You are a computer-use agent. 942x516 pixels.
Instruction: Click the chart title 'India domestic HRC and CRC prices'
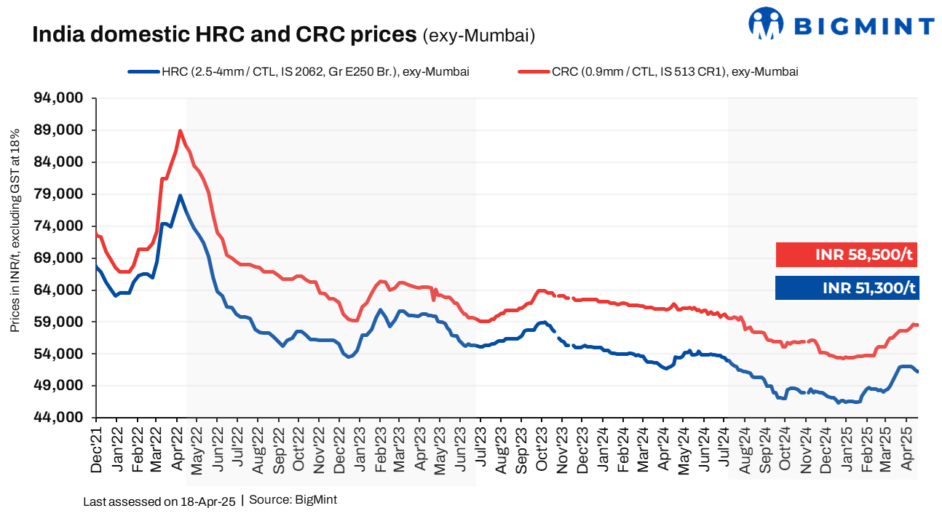[x=224, y=34]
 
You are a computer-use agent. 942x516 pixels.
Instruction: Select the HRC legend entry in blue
[x=298, y=71]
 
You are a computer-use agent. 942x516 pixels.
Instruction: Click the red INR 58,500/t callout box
[x=847, y=255]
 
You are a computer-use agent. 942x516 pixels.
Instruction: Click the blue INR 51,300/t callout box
[x=847, y=288]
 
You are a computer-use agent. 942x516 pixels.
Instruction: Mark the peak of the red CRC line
[x=180, y=131]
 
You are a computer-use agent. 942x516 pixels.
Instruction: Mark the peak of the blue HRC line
[x=180, y=195]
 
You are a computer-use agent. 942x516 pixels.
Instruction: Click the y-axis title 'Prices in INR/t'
[x=15, y=229]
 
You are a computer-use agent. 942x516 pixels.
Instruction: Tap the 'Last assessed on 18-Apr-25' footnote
[x=159, y=501]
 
